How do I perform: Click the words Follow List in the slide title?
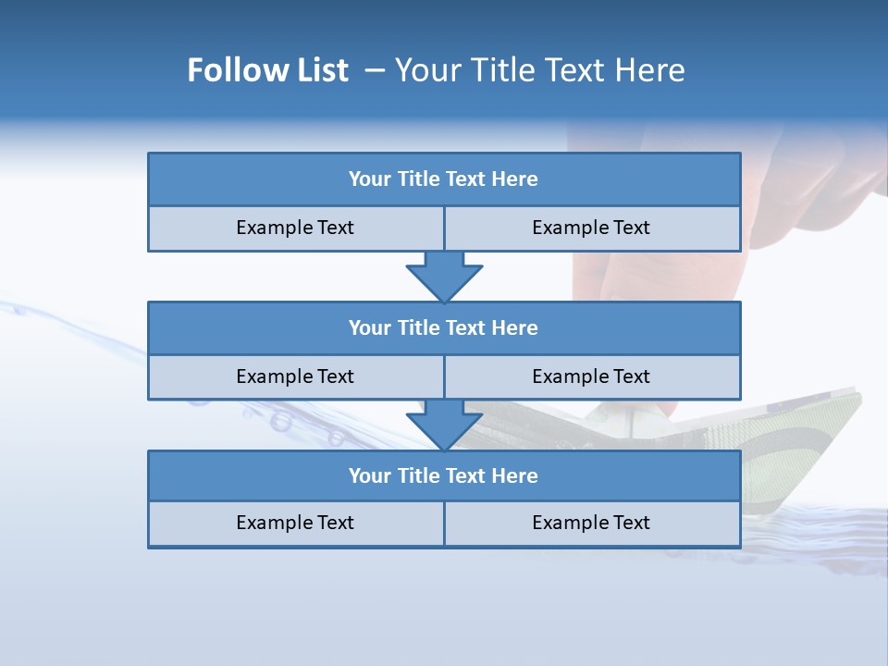pos(267,70)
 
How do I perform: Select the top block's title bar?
pos(444,179)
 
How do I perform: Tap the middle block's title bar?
pos(444,327)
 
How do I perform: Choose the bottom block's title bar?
pos(444,475)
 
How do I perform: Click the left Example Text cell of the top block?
pos(295,228)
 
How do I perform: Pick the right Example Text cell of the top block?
pos(591,228)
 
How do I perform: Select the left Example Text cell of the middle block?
pos(295,376)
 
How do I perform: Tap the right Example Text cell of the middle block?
pos(591,376)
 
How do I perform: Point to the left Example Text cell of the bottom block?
pos(295,523)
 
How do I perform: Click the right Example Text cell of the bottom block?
pos(591,523)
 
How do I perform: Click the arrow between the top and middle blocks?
pos(444,276)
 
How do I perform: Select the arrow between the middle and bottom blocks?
pos(444,425)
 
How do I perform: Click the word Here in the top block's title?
pos(515,179)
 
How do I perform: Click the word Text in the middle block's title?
pos(466,327)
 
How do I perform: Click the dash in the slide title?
pos(376,70)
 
